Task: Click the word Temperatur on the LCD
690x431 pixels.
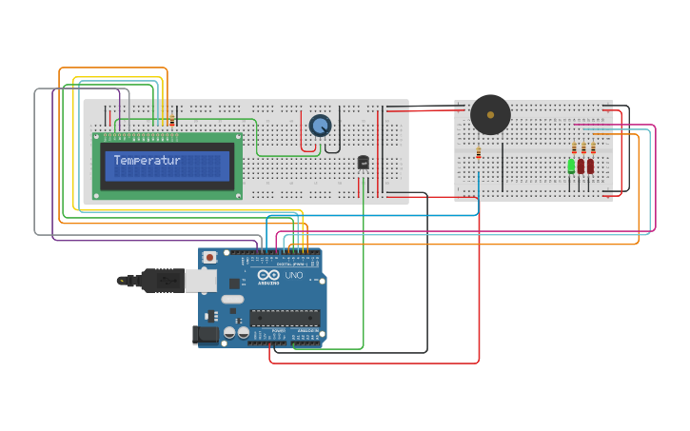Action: pos(147,161)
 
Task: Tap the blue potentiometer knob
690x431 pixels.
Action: pos(320,125)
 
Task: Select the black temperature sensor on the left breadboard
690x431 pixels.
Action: pos(363,162)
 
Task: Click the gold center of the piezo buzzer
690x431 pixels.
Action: pos(490,114)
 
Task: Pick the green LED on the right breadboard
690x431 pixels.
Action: pos(571,166)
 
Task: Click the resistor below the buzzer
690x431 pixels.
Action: pos(478,152)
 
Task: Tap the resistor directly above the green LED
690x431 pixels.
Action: pos(574,147)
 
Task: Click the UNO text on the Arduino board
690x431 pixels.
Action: pos(294,275)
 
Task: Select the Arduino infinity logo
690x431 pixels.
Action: pos(267,274)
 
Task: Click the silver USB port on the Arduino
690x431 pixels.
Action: pos(201,280)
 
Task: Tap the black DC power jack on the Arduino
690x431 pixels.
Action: pos(205,334)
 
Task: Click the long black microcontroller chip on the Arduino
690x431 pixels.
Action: pos(285,318)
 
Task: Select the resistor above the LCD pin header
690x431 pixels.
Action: pos(171,120)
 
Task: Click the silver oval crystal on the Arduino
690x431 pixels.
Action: pos(232,300)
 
